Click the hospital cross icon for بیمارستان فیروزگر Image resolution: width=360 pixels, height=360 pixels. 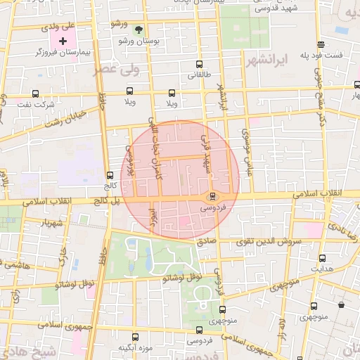point(63,41)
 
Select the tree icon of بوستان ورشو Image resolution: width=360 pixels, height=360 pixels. point(139,30)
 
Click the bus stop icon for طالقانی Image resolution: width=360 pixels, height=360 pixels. point(195,63)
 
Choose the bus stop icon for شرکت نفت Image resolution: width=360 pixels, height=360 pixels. point(35,94)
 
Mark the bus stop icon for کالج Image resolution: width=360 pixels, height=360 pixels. point(110,176)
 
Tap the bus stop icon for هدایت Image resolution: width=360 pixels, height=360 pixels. point(322,258)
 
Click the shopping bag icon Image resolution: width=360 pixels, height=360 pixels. point(342,304)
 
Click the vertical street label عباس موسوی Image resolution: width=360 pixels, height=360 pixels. point(246,154)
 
